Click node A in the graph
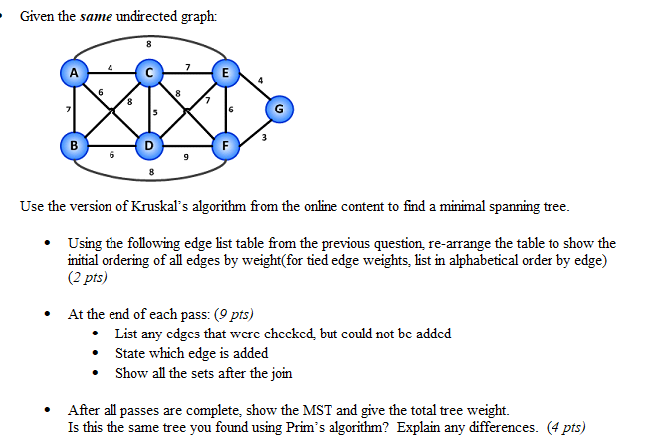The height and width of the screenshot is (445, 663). point(73,72)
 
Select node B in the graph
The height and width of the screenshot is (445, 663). point(73,147)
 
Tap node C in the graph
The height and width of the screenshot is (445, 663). point(149,72)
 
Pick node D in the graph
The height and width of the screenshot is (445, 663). point(149,147)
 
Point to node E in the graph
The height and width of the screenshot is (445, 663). point(226,72)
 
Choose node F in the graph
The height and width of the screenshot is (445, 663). point(226,147)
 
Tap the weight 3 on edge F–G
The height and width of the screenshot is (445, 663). point(263,138)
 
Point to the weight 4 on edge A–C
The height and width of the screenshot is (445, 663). point(110,66)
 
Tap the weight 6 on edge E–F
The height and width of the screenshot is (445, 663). point(233,111)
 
